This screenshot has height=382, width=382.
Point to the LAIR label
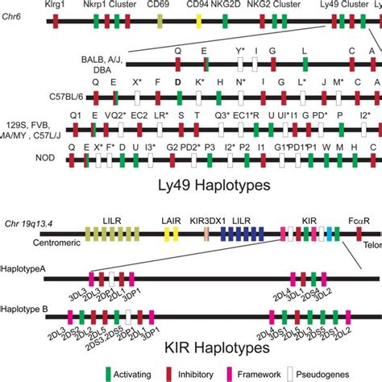coord(171,218)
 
